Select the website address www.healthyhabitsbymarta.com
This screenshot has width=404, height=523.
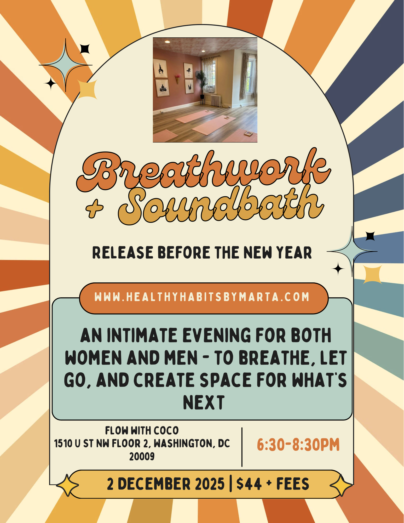point(202,297)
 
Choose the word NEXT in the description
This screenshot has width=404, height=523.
point(204,402)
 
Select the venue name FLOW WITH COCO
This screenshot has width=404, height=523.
point(142,431)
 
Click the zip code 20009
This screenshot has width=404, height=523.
point(142,457)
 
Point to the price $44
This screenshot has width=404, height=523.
point(249,484)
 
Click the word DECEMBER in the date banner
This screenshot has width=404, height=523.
point(154,484)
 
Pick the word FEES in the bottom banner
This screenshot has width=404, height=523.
point(293,484)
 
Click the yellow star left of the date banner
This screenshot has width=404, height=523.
point(67,485)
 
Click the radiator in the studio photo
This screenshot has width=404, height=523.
point(216,100)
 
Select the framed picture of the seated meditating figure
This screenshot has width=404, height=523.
point(163,87)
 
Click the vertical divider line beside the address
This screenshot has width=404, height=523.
point(242,447)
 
